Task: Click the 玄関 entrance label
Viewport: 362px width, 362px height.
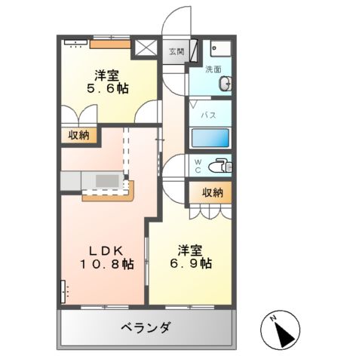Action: [x=176, y=51]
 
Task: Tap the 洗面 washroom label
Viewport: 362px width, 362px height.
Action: [x=213, y=69]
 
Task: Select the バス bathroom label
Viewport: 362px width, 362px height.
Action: [x=210, y=115]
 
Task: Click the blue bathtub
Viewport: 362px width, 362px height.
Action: [x=210, y=138]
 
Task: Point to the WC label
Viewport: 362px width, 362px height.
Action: [x=198, y=165]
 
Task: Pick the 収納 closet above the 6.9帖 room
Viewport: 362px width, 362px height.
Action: [x=212, y=192]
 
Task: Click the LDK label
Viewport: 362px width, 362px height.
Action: [x=106, y=250]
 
